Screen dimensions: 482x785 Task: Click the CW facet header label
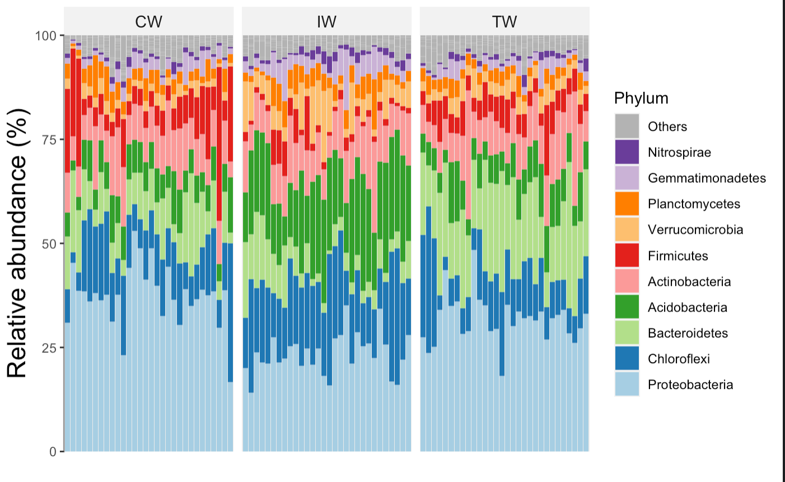(148, 22)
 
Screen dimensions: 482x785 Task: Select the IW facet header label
(326, 22)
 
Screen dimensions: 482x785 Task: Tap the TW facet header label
(504, 22)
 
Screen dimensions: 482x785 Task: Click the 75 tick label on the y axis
(49, 140)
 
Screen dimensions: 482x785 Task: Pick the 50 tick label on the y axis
(49, 244)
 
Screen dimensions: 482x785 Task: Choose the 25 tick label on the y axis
(49, 347)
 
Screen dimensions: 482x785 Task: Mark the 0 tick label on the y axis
(53, 452)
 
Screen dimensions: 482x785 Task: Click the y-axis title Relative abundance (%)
(18, 244)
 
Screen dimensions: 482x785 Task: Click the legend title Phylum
(641, 98)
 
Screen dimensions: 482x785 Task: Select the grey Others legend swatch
(627, 126)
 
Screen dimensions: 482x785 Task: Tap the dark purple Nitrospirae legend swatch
(627, 152)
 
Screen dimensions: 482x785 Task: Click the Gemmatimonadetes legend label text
(707, 178)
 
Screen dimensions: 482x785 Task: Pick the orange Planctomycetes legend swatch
(627, 204)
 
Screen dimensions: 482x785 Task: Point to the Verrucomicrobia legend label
(695, 230)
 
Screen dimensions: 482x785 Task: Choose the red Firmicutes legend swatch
(627, 256)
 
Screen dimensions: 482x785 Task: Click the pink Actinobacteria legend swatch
(627, 281)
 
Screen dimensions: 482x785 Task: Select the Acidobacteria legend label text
(688, 307)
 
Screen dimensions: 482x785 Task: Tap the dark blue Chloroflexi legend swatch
(627, 359)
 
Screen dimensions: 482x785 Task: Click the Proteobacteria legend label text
(690, 384)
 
